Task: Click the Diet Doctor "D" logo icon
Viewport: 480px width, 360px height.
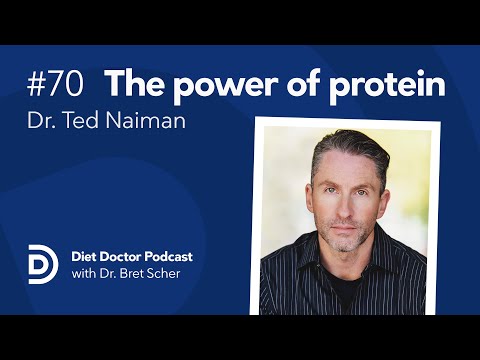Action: tap(40, 264)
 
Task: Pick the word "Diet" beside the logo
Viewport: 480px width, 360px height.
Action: tap(77, 257)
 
